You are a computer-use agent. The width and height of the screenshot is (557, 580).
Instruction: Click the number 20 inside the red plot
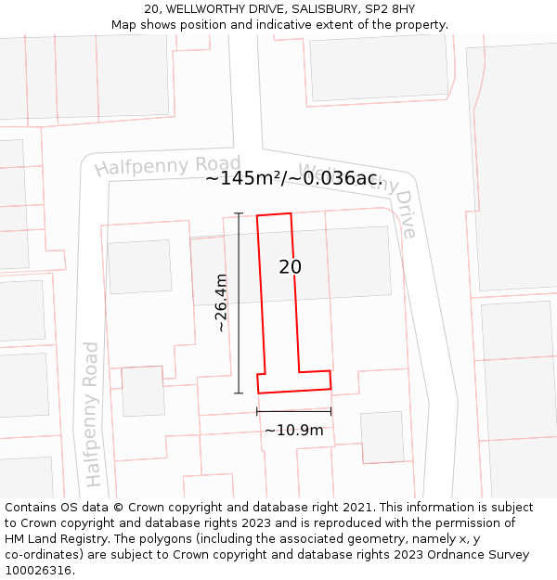pos(290,267)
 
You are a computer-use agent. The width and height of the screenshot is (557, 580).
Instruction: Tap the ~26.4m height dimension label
pos(221,303)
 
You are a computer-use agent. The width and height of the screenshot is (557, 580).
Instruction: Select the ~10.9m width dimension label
pos(294,430)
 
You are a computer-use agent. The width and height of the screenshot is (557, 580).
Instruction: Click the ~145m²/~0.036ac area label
pos(291,178)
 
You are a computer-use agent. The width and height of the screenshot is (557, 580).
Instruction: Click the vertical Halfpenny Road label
pos(92,414)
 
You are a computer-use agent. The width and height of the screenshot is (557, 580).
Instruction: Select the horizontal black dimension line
pos(294,410)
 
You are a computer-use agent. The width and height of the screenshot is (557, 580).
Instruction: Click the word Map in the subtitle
pos(123,25)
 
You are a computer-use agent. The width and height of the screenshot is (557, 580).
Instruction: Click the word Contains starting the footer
pos(31,508)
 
